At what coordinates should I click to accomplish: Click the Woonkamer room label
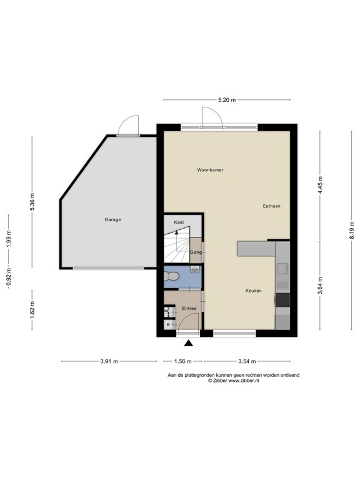tap(210, 169)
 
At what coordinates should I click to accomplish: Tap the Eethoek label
tap(271, 206)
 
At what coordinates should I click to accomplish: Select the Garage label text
tap(112, 219)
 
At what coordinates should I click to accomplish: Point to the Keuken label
tap(254, 291)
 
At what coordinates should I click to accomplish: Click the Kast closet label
tap(179, 222)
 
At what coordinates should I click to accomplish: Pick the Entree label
tap(189, 308)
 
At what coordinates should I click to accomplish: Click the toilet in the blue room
tap(171, 276)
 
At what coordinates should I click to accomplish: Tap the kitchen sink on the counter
tap(282, 269)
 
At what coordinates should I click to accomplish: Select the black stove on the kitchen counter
tap(283, 300)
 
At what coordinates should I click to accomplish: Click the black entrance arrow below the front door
tap(189, 343)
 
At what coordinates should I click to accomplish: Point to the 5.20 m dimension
tap(227, 100)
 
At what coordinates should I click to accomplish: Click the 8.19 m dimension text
tap(352, 230)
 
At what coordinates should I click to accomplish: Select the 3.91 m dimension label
tap(109, 361)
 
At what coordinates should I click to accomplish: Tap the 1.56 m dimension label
tap(182, 361)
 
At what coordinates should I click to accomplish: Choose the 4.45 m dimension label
tap(320, 185)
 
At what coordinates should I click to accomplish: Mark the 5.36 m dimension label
tap(32, 201)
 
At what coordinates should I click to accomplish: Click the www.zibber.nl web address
tap(244, 381)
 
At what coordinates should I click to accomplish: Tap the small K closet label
tap(168, 324)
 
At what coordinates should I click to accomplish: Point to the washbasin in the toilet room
tap(195, 269)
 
